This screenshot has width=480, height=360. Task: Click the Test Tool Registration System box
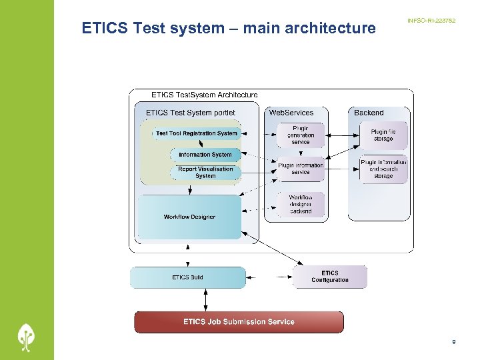tap(197, 133)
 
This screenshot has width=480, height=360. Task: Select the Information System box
tap(205, 155)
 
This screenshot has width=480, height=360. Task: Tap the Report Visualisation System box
tap(205, 173)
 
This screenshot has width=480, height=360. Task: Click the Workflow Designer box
tap(189, 217)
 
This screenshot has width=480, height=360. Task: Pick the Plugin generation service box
tap(301, 135)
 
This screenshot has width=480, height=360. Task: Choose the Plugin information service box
tap(301, 169)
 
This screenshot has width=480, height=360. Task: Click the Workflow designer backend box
tap(301, 204)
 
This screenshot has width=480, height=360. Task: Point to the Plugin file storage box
tap(383, 135)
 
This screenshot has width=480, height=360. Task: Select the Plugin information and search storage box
tap(383, 169)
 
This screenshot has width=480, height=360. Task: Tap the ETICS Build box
tap(187, 277)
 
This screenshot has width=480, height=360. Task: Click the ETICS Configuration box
tap(330, 277)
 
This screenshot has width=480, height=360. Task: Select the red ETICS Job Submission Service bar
tap(239, 322)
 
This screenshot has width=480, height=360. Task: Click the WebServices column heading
tap(291, 113)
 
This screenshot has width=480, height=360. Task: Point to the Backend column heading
tap(369, 113)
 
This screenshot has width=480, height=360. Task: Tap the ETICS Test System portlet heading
tap(190, 113)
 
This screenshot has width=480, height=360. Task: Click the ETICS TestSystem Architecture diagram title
tap(204, 95)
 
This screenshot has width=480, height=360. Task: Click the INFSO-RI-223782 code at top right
tap(431, 21)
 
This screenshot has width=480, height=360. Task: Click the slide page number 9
tap(453, 343)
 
